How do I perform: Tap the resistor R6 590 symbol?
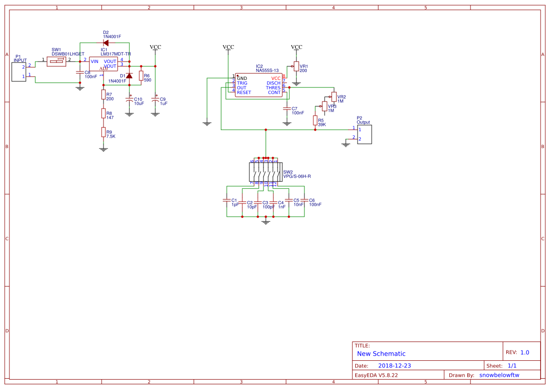click(141, 76)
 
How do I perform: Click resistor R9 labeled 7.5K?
click(103, 132)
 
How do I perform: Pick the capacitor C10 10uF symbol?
click(129, 100)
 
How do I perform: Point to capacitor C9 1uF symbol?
click(155, 100)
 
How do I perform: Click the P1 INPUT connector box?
click(19, 71)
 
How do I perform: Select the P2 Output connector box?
click(364, 134)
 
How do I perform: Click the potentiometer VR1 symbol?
click(296, 66)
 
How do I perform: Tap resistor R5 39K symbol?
click(315, 120)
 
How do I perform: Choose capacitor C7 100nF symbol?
click(287, 109)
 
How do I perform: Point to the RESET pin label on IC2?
click(244, 93)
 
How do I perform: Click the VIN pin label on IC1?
click(95, 62)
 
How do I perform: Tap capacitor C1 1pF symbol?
click(227, 201)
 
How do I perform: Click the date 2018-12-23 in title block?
click(394, 366)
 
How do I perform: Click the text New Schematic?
click(381, 354)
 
